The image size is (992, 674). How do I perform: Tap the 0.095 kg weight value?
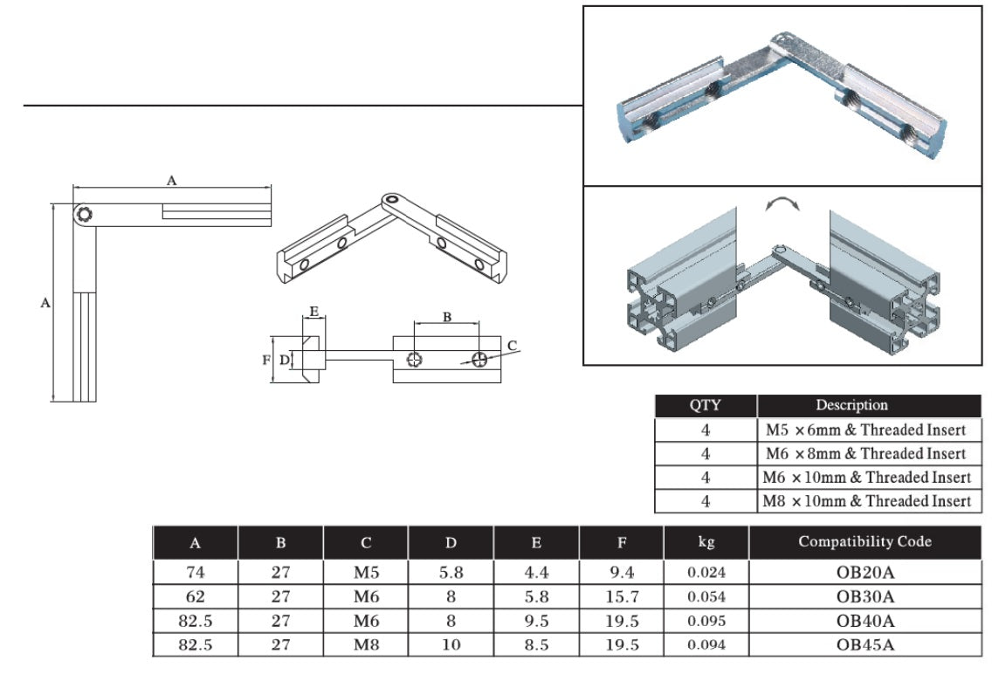pyautogui.click(x=706, y=622)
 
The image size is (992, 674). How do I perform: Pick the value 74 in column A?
pyautogui.click(x=195, y=573)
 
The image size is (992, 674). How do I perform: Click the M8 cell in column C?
pyautogui.click(x=365, y=645)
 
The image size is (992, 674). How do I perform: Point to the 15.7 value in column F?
pyautogui.click(x=621, y=597)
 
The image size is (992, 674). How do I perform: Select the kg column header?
pyautogui.click(x=706, y=542)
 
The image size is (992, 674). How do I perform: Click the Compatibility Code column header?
pyautogui.click(x=865, y=542)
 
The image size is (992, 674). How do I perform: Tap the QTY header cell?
pyautogui.click(x=706, y=405)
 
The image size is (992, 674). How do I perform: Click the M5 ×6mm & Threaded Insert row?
pyautogui.click(x=865, y=430)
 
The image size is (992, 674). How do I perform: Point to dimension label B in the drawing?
pyautogui.click(x=446, y=317)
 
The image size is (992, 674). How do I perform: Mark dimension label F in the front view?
pyautogui.click(x=266, y=359)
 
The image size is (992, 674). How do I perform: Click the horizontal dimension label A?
pyautogui.click(x=172, y=180)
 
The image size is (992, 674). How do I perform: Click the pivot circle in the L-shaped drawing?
pyautogui.click(x=84, y=215)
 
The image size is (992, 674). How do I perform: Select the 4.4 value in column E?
pyautogui.click(x=535, y=573)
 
